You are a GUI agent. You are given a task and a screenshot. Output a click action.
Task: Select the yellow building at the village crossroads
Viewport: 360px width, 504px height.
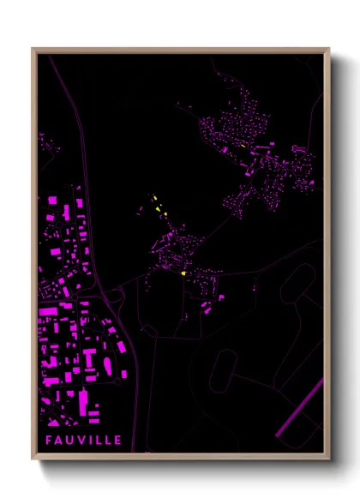(x=184, y=273)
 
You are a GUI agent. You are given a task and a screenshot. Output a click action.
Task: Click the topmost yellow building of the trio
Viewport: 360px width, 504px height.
(x=154, y=198)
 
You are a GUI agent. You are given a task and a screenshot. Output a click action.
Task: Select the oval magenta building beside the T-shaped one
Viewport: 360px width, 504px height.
(x=106, y=367)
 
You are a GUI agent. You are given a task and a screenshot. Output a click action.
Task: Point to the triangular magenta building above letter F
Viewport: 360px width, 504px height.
(x=53, y=422)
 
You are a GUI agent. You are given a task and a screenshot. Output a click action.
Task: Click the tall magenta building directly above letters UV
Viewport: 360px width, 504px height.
(x=83, y=403)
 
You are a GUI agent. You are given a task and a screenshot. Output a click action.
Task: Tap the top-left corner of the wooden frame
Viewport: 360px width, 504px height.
(x=33, y=49)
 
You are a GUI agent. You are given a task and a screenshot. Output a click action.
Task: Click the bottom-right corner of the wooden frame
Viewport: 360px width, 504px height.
(x=329, y=459)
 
